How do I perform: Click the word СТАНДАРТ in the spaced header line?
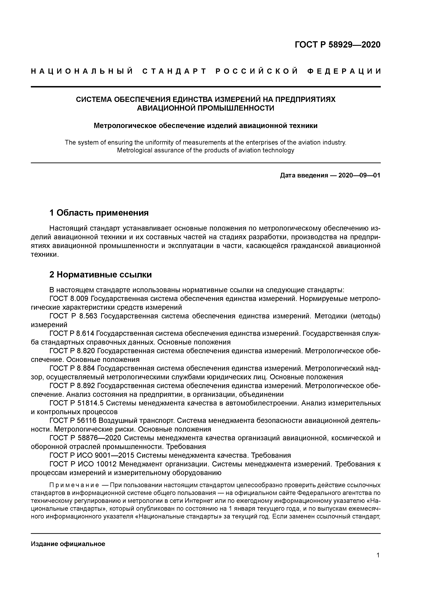pyautogui.click(x=174, y=71)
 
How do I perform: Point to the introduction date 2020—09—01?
pyautogui.click(x=359, y=175)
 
